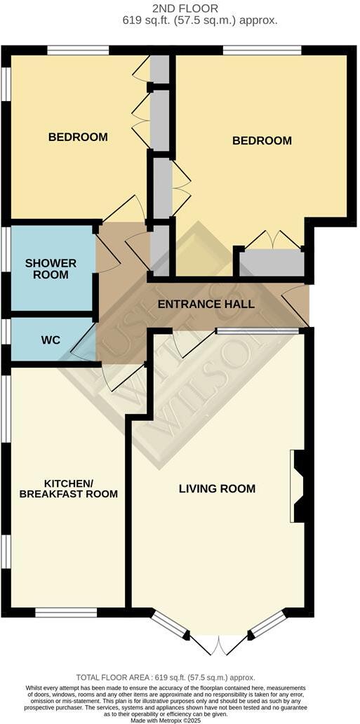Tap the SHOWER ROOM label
pos(51,269)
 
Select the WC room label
pos(51,340)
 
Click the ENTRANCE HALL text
pos(206,304)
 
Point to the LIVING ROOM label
pos(217,488)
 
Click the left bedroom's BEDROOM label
pos(78,137)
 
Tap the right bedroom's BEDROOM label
pos(262,140)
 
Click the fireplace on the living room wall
pos(298,486)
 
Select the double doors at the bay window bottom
pos(219,643)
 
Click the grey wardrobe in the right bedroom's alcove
pos(272,264)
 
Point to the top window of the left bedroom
pos(78,50)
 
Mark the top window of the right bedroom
pos(262,50)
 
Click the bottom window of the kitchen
pos(66,612)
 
